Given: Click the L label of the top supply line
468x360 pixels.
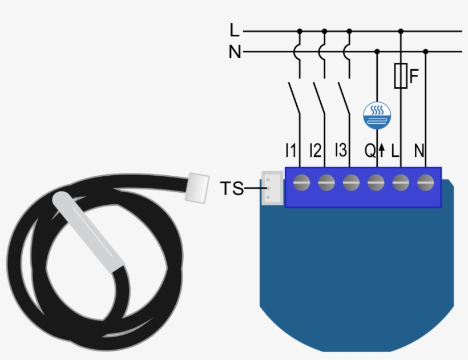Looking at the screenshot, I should pos(234,30).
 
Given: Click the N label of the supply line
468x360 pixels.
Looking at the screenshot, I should pos(235,52).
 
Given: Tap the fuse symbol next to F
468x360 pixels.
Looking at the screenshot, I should pos(401,76).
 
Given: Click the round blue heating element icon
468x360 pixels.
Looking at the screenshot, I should pos(377,115).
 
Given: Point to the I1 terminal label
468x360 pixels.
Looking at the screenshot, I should pos(291,151).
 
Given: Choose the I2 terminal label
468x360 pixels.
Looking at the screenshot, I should pos(316,151).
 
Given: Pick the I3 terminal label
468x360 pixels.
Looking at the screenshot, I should pos(341,151).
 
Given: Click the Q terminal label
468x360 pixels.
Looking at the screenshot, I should pos(370,151).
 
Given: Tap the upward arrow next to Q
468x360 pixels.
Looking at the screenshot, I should pos(382,151).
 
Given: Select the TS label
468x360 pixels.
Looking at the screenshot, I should pos(232,188).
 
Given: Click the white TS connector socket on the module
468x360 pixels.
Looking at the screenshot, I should pos(272,188).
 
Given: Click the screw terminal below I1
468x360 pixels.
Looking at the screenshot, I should pos(301,183).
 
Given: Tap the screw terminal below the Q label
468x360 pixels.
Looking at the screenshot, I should pos(375,183).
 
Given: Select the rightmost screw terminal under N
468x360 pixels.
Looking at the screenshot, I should pos(425,183).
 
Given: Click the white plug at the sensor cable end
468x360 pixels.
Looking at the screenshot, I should pos(198,187).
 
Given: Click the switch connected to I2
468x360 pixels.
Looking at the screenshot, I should pos(319,98).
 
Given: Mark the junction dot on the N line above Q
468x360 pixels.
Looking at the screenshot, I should pos(377,52).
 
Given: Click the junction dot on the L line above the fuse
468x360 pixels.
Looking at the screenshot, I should pos(401,31).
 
